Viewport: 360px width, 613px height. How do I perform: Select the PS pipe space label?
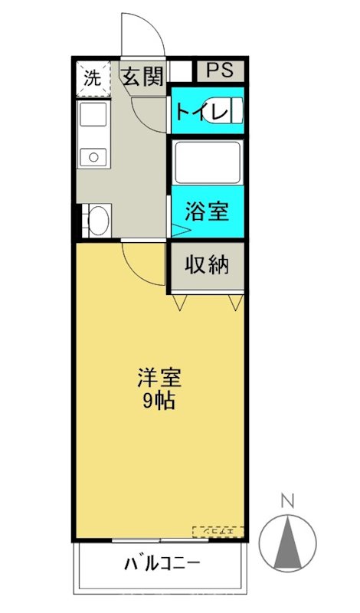tap(220, 70)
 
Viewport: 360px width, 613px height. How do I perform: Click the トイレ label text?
tap(201, 112)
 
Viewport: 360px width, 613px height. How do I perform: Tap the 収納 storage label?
tap(207, 265)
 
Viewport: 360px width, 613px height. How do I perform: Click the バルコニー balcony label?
tap(162, 565)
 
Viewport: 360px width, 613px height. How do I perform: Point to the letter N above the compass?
tap(288, 502)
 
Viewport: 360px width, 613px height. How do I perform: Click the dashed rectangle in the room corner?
tap(218, 530)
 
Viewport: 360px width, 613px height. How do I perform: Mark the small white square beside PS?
tap(181, 70)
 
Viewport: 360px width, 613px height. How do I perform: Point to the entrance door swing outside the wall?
tap(142, 34)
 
